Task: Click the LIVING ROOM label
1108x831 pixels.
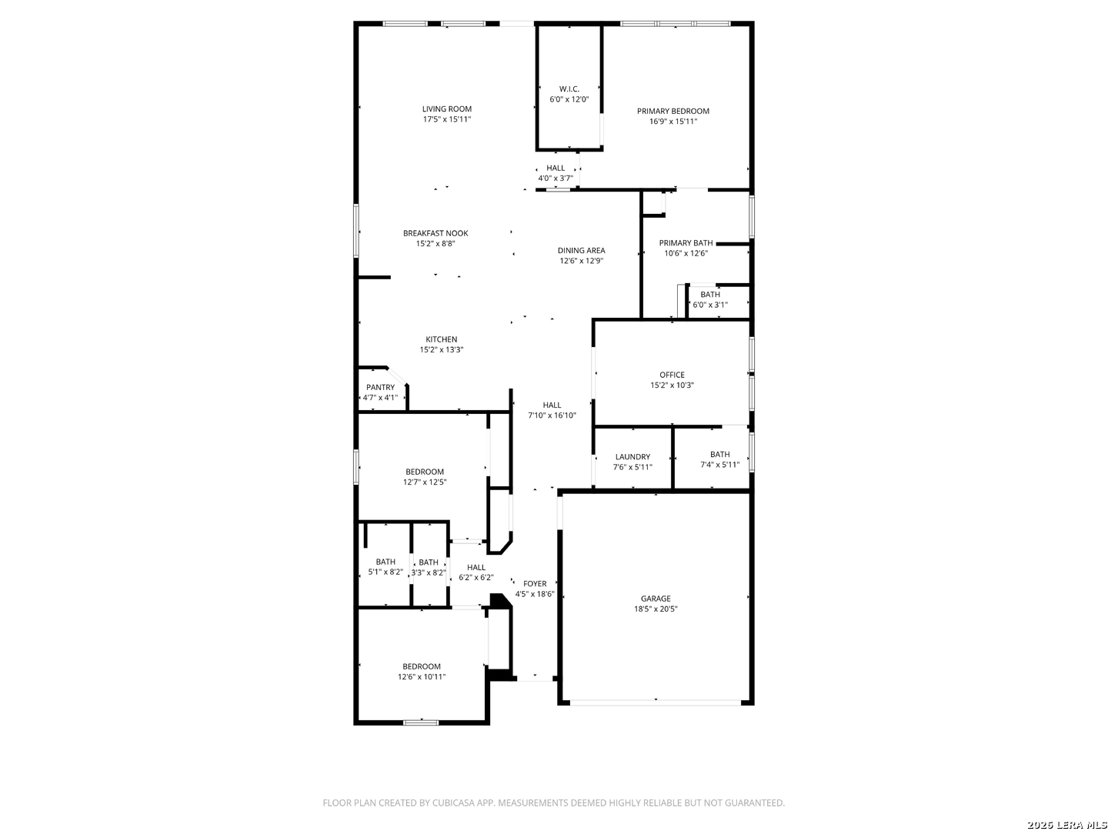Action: (x=447, y=109)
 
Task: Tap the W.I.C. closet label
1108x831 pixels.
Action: (x=569, y=89)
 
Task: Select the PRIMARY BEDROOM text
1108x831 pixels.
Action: (x=672, y=111)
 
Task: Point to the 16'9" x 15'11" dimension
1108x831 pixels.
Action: (x=672, y=122)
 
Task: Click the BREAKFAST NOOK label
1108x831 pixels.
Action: (x=436, y=233)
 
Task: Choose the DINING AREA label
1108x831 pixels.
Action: (x=581, y=250)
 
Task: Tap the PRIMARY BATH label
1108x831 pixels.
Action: (x=686, y=243)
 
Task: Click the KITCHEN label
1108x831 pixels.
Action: (x=441, y=339)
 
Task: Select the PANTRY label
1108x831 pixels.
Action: (x=380, y=388)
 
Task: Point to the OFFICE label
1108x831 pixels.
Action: (x=672, y=375)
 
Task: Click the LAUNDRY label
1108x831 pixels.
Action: (x=632, y=457)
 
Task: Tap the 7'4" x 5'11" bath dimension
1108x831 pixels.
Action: (x=720, y=465)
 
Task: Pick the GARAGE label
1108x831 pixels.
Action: (x=656, y=599)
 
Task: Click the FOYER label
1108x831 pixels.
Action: (x=535, y=584)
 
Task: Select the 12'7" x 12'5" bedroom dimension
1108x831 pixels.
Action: (x=425, y=482)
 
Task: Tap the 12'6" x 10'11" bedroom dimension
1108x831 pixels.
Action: (x=422, y=676)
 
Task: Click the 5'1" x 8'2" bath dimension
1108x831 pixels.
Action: (x=385, y=572)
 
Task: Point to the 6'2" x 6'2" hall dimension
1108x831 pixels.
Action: (x=476, y=578)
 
